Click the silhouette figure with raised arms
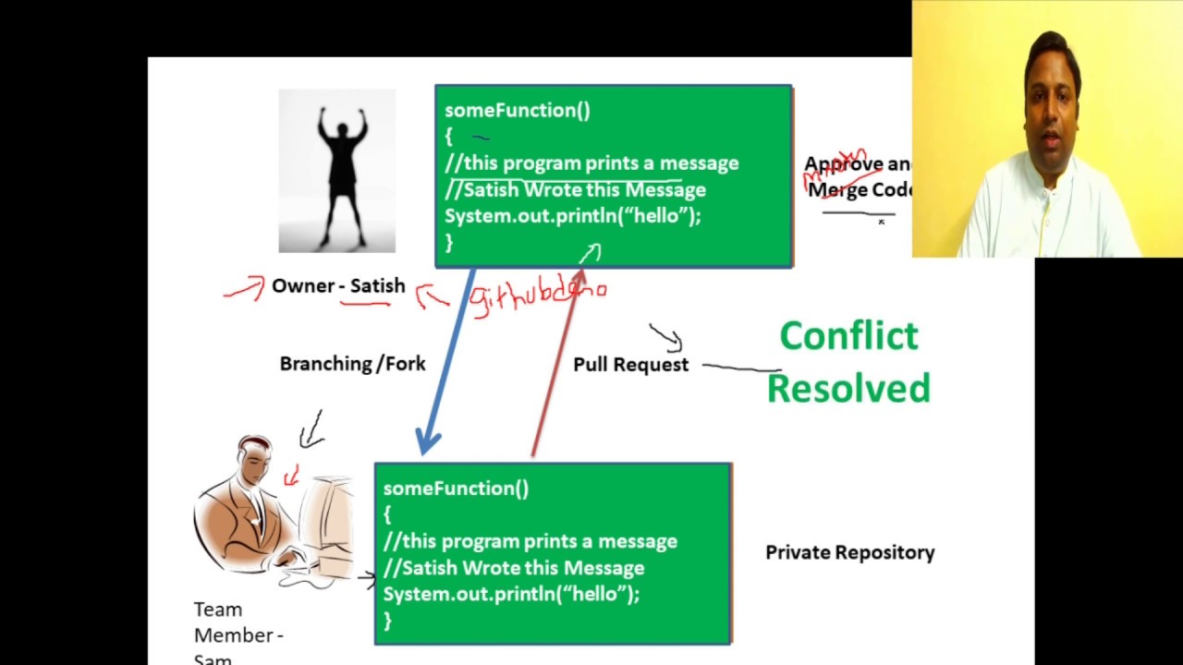pyautogui.click(x=337, y=171)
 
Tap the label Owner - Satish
pyautogui.click(x=338, y=286)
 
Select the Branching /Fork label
pyautogui.click(x=352, y=364)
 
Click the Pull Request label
pyautogui.click(x=630, y=365)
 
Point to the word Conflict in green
pyautogui.click(x=848, y=335)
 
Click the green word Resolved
pyautogui.click(x=848, y=389)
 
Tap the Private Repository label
pyautogui.click(x=849, y=552)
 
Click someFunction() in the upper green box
pyautogui.click(x=517, y=111)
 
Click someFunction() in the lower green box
pyautogui.click(x=456, y=489)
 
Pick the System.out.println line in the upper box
pyautogui.click(x=572, y=216)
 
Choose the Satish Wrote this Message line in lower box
pyautogui.click(x=514, y=568)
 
